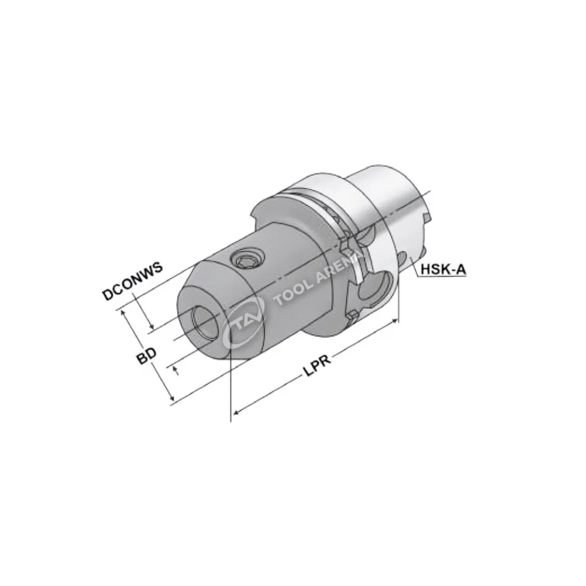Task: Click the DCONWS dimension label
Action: click(x=132, y=281)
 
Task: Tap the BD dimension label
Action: click(x=146, y=356)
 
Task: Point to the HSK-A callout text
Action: click(x=444, y=269)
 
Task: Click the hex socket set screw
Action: click(x=247, y=258)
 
